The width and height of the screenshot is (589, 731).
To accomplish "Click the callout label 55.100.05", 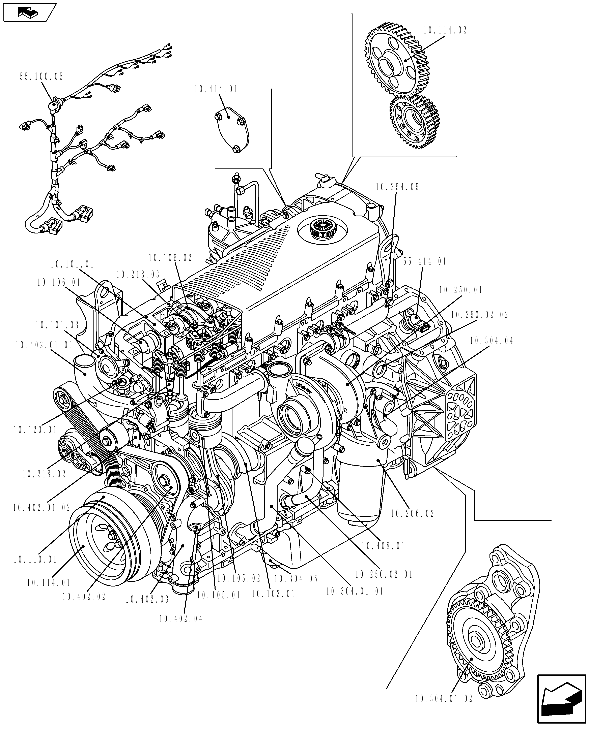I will click(x=41, y=77).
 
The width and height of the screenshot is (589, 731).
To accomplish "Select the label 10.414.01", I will click(x=216, y=90).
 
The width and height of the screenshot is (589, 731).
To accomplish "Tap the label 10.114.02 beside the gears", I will click(x=445, y=31).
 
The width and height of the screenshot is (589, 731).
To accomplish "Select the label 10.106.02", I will click(x=170, y=258).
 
